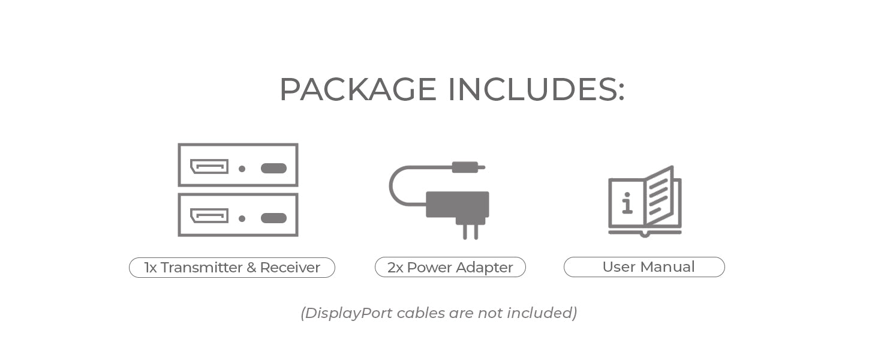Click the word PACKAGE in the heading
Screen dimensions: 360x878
tap(357, 89)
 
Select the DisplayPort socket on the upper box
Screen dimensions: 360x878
tap(209, 167)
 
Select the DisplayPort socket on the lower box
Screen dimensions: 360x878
tap(209, 216)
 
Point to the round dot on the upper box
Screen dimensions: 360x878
tap(242, 169)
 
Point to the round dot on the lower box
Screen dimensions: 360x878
tap(242, 218)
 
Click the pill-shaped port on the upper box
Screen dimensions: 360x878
tap(273, 168)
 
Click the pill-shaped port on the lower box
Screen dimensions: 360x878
tap(273, 218)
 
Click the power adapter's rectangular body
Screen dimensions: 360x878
tap(457, 204)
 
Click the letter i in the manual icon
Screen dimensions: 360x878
tap(627, 204)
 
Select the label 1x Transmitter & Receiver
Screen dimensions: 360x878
tap(232, 268)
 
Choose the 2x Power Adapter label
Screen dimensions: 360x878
tap(450, 268)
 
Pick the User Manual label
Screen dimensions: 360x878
tap(644, 267)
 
